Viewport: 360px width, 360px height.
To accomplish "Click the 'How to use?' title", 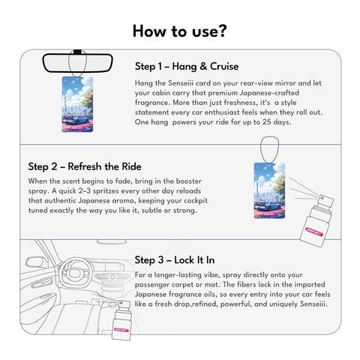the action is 180,31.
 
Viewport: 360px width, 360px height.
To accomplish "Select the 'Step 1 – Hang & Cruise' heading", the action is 187,67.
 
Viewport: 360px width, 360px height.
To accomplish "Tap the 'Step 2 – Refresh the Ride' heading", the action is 85,166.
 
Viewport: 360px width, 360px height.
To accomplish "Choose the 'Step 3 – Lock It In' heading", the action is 175,260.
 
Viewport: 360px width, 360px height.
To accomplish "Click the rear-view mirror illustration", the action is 77,63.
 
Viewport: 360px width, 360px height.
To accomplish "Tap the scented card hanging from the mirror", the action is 77,104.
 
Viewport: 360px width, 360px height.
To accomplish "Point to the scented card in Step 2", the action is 269,190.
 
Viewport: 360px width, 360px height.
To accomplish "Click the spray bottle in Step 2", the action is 317,220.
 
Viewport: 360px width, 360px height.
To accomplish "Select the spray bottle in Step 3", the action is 121,320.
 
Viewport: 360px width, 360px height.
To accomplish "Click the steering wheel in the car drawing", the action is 75,273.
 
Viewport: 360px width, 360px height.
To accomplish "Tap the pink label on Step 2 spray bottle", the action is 314,232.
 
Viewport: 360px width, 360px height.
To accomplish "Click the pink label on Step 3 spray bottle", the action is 121,330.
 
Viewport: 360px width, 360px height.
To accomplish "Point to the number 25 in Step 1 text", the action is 266,122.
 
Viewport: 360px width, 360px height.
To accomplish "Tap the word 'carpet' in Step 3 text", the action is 181,285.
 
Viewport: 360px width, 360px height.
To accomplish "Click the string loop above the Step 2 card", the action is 269,150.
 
